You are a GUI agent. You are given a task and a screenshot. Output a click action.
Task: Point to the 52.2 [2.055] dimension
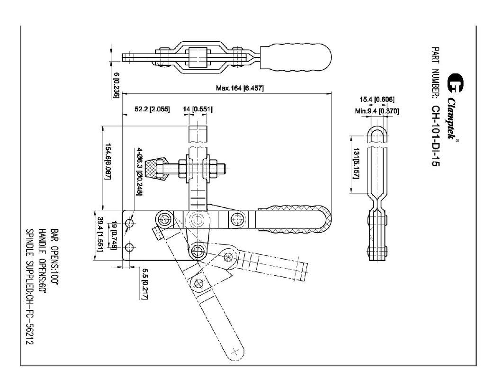(152, 109)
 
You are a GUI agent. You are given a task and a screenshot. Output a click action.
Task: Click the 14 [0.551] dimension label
(198, 109)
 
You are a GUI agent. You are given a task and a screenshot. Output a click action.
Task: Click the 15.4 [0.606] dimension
(377, 99)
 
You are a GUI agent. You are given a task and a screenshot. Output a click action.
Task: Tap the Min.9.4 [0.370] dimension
(377, 111)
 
